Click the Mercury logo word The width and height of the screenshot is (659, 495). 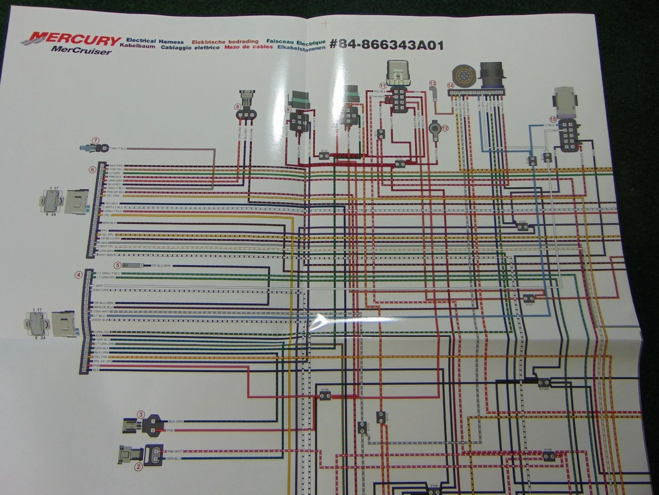[71, 40]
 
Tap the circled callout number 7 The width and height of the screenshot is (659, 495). [95, 141]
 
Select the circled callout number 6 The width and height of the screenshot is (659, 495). [93, 170]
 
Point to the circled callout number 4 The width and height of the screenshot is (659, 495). [79, 275]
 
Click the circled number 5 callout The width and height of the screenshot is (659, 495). [116, 265]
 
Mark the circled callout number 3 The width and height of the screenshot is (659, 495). [141, 414]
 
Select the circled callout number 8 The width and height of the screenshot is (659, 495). [237, 106]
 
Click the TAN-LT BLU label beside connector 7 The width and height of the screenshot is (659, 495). [119, 148]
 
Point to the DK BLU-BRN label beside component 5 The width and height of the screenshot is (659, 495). [160, 266]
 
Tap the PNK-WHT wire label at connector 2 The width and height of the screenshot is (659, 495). [175, 451]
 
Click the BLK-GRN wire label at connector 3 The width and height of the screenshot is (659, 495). [176, 420]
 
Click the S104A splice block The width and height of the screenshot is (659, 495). [544, 382]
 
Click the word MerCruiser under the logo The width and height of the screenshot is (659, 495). [81, 52]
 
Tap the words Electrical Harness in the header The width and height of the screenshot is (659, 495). [155, 41]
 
